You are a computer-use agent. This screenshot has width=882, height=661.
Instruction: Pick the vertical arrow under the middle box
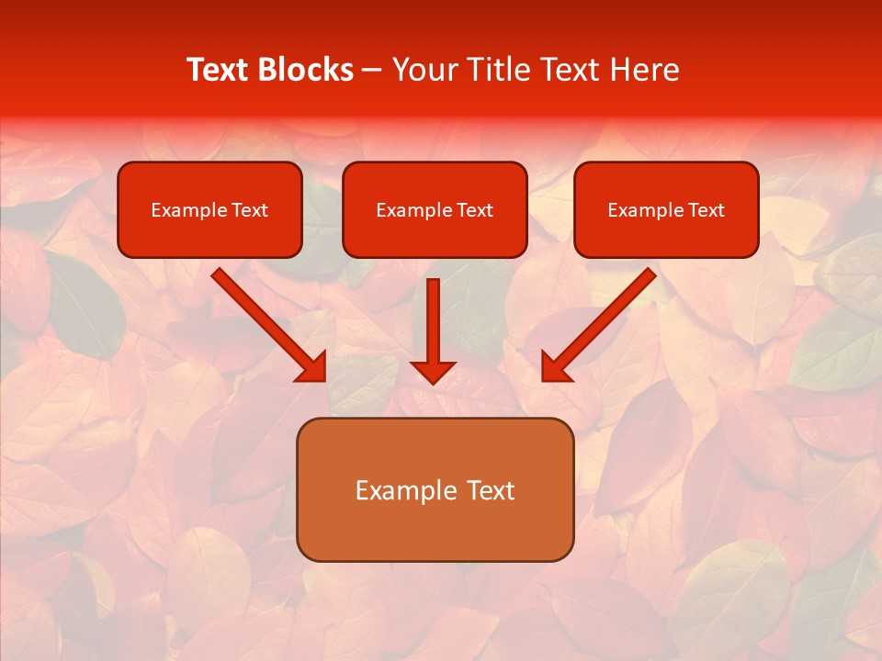(433, 321)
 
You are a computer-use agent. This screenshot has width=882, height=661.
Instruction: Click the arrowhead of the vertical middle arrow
(433, 372)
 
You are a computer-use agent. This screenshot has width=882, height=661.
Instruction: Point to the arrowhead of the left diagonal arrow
(312, 367)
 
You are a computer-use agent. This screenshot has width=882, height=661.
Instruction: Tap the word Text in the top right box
(706, 210)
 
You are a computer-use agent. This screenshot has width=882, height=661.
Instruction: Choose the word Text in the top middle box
(474, 210)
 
